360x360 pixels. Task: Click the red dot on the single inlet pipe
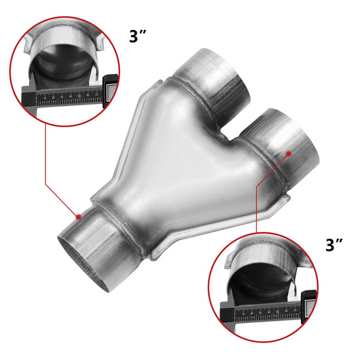tap(78, 216)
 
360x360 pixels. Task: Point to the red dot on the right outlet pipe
tap(289, 153)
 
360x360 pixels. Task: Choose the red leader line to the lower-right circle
tap(257, 204)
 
